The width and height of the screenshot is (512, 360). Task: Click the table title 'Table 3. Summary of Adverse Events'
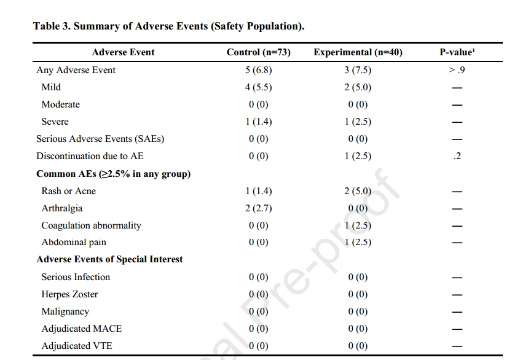120,26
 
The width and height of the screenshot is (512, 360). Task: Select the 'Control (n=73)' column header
258,52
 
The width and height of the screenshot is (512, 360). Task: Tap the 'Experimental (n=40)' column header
358,52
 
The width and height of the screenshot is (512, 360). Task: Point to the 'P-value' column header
457,52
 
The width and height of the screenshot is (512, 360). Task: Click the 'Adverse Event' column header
123,52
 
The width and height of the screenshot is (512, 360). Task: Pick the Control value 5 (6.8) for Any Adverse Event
258,70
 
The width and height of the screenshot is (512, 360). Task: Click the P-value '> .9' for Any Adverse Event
457,70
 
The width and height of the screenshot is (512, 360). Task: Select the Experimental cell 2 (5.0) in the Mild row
358,87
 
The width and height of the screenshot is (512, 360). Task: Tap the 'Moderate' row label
60,104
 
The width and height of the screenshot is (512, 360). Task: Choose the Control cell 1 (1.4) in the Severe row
258,122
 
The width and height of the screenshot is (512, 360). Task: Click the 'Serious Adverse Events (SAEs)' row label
100,139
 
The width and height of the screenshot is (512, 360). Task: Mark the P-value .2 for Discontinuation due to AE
457,156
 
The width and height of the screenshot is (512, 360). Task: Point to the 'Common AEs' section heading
113,174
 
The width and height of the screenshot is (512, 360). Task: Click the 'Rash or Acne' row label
69,191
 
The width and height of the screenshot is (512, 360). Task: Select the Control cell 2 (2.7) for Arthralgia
258,208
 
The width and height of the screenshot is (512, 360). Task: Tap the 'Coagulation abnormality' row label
91,225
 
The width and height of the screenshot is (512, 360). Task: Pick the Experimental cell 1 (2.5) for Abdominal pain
358,242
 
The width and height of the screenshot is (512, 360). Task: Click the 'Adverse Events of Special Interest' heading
109,259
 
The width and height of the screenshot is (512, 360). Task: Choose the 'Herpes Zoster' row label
69,294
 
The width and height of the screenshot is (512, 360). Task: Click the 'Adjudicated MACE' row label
81,328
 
